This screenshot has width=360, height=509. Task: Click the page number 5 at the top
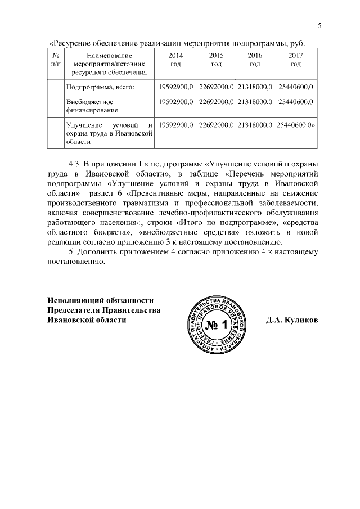[x=319, y=25]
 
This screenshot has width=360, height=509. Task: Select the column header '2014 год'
[x=175, y=60]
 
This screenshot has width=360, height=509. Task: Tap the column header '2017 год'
[x=295, y=60]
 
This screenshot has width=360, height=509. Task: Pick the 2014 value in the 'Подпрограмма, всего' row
[x=176, y=87]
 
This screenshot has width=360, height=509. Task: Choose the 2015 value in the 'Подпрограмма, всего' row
[x=216, y=87]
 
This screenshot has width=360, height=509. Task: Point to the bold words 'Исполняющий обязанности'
[x=100, y=300]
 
